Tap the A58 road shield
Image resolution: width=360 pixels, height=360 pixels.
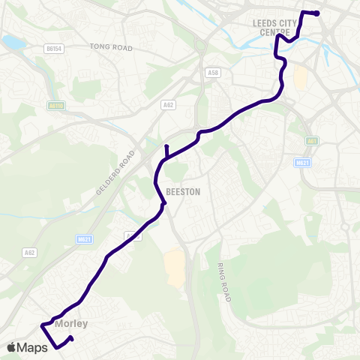tap(212, 73)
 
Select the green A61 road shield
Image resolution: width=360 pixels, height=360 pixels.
tap(313, 139)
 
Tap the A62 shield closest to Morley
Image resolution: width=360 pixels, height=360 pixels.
tap(30, 253)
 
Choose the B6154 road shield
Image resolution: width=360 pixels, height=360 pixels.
tap(53, 48)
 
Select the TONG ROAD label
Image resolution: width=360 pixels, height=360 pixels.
tap(111, 47)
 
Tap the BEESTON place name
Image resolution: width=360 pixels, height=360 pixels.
tap(183, 191)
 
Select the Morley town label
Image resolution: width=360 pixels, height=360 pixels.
tap(71, 324)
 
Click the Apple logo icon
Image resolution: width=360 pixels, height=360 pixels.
tap(11, 347)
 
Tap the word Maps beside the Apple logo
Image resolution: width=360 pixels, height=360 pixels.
tap(32, 347)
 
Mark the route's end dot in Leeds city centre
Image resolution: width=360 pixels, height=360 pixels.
tap(316, 13)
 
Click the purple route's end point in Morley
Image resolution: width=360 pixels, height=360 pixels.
tap(71, 339)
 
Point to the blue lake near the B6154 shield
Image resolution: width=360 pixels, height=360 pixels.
tap(13, 43)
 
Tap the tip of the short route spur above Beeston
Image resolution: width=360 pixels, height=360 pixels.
tap(166, 145)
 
